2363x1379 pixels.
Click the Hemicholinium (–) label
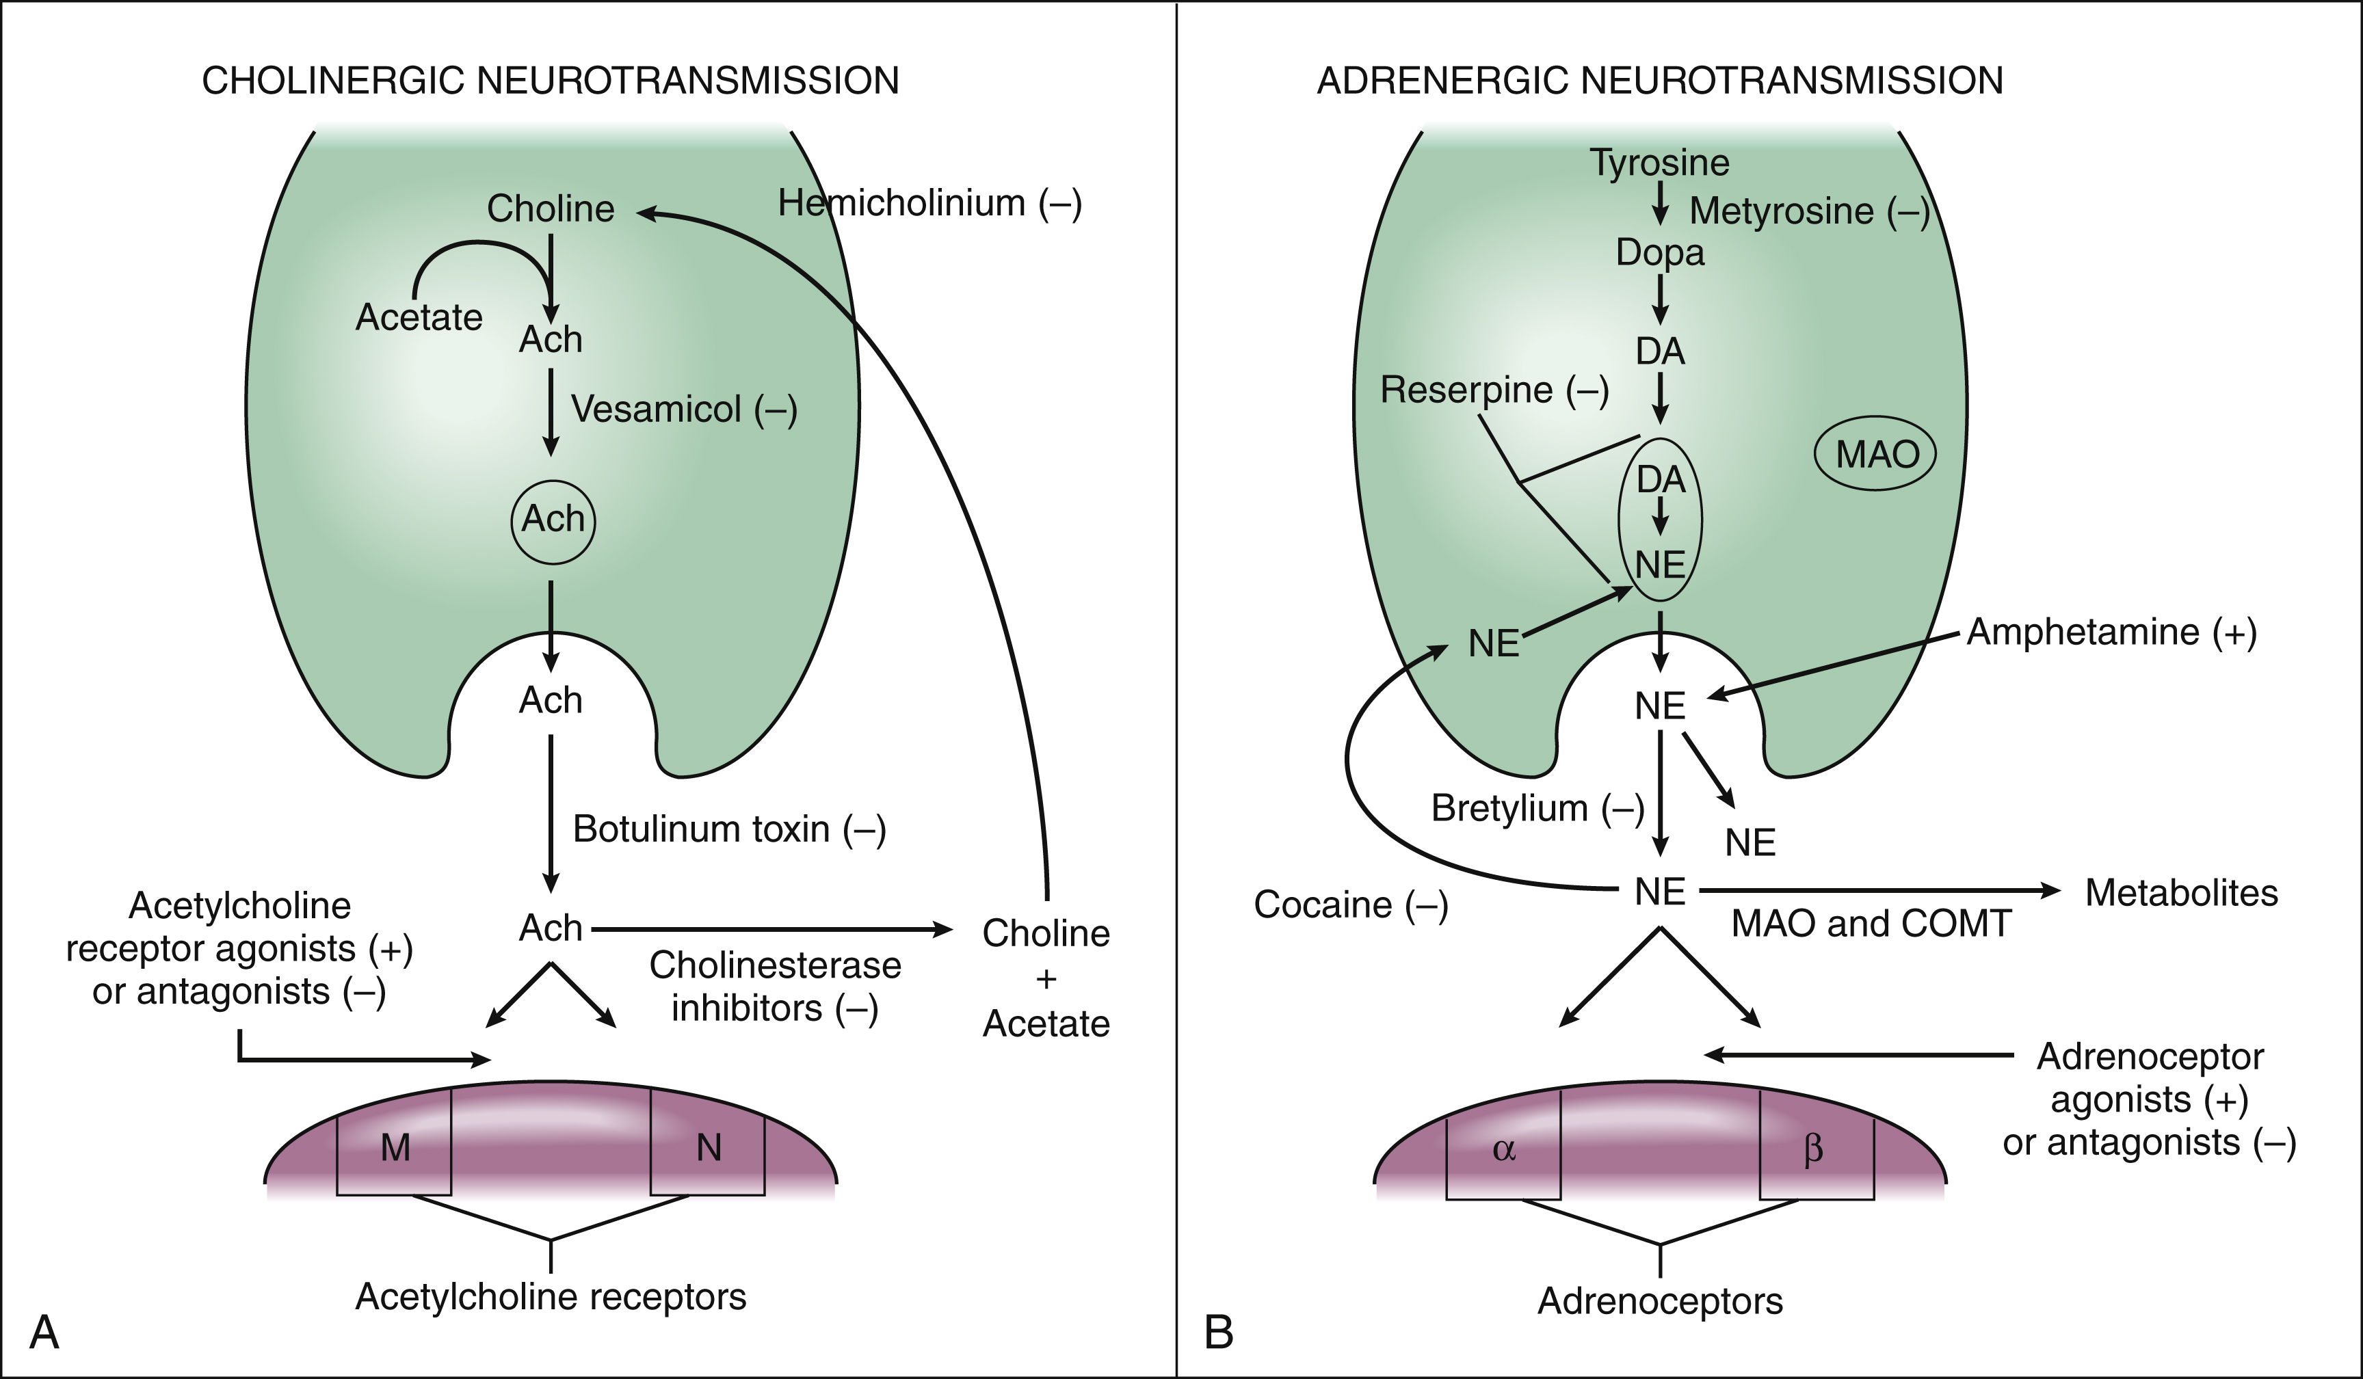pos(929,204)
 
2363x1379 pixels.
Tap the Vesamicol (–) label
pos(683,410)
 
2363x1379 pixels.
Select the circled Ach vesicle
pos(553,520)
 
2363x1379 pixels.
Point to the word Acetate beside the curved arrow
pos(418,318)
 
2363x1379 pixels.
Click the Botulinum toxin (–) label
pos(728,829)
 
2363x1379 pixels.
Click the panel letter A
pos(44,1332)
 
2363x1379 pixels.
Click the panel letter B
pos(1218,1332)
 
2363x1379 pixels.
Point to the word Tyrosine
pos(1659,163)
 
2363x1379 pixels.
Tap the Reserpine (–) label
pos(1494,390)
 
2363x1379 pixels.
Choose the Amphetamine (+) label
pos(2111,633)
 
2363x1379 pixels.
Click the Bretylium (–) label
pos(1537,808)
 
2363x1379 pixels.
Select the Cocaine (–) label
pos(1350,905)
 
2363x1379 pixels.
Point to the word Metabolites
pos(2181,892)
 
